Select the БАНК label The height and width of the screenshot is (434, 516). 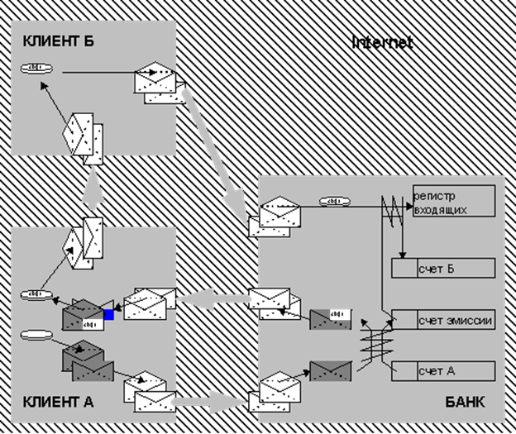point(465,403)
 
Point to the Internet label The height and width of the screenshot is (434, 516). point(382,41)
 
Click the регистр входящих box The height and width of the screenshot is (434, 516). point(453,201)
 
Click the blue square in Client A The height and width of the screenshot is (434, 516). point(108,314)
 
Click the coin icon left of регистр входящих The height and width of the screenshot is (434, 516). point(333,202)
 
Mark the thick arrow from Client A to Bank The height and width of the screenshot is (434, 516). point(212,404)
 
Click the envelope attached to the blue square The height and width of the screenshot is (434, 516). point(84,316)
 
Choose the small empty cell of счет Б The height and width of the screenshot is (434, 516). point(403,268)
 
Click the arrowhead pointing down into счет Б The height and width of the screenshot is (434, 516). point(403,253)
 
